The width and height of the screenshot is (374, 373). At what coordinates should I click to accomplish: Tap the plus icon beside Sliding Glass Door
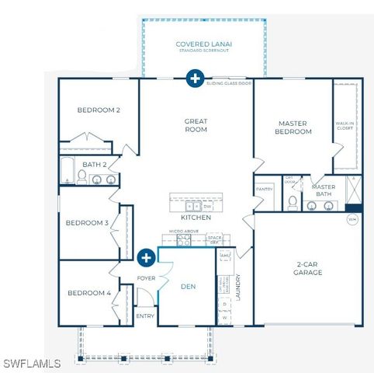195,78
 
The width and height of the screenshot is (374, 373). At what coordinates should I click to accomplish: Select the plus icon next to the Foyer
146,257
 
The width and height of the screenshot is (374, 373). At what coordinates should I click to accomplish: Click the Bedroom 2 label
99,110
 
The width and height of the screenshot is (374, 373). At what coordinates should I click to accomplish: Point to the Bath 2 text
95,164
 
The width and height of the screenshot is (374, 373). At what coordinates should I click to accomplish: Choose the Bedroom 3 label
87,223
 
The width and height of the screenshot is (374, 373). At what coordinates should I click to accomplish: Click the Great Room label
196,126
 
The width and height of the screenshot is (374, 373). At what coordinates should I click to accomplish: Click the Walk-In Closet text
345,126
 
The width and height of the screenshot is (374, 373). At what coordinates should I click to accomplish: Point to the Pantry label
264,188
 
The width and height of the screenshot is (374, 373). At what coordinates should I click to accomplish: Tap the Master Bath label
323,190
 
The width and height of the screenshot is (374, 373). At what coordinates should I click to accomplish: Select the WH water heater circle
352,219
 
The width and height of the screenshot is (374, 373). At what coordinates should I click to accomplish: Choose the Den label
188,285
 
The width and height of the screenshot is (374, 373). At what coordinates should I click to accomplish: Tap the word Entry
146,315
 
